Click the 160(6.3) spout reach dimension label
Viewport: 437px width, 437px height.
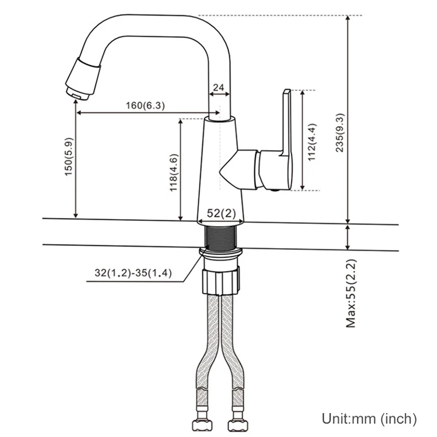click(145, 105)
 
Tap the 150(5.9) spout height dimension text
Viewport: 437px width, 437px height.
click(69, 157)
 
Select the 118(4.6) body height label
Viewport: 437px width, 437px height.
click(174, 173)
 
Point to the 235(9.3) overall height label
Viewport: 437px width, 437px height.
click(340, 133)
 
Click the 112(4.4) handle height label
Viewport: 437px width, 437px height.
click(312, 142)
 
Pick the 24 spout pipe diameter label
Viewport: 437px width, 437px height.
click(218, 87)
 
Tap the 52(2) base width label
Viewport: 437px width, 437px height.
click(221, 214)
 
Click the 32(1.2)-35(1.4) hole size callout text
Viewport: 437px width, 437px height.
click(133, 273)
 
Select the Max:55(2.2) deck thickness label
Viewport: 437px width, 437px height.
click(351, 293)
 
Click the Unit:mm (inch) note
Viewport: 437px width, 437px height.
click(369, 418)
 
